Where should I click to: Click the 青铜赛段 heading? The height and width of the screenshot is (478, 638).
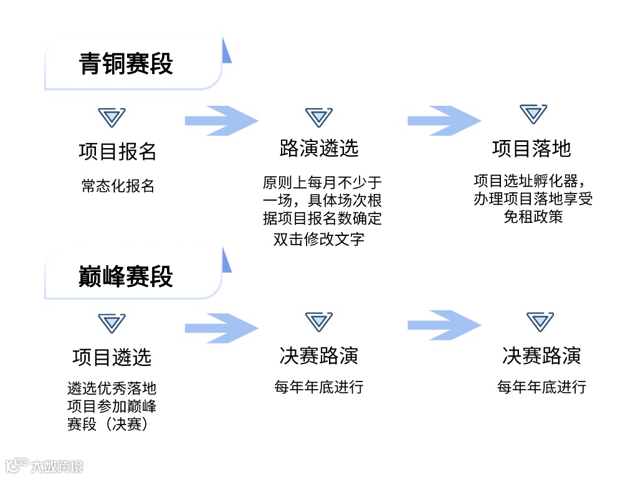[126, 64]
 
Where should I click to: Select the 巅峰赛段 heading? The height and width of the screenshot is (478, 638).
[126, 276]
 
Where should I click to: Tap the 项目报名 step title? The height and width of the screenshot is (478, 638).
[118, 151]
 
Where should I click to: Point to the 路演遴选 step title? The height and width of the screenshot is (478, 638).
[319, 148]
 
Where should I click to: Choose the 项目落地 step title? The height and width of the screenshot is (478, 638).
[531, 148]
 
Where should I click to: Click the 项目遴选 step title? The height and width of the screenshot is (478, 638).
[112, 357]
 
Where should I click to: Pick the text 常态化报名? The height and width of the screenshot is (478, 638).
[118, 186]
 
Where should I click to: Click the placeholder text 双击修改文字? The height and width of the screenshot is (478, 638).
[319, 239]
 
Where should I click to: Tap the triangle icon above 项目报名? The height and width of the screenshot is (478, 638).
[112, 118]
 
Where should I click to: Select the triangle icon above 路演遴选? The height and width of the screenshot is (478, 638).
[319, 117]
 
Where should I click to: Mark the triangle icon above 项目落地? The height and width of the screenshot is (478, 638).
[533, 115]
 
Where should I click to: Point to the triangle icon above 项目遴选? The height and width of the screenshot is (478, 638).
[112, 323]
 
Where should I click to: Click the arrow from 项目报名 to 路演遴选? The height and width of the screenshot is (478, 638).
[221, 121]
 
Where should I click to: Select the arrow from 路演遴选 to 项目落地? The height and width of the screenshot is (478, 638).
[444, 121]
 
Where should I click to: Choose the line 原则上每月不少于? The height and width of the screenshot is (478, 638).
[322, 183]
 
